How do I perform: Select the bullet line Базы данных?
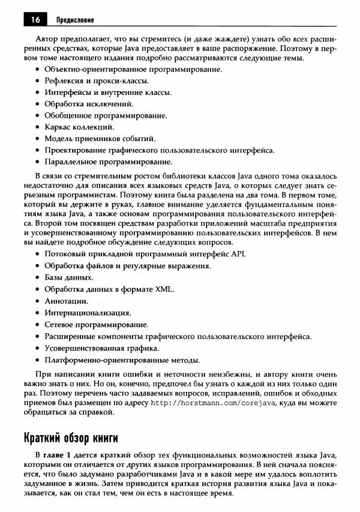click(68, 277)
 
